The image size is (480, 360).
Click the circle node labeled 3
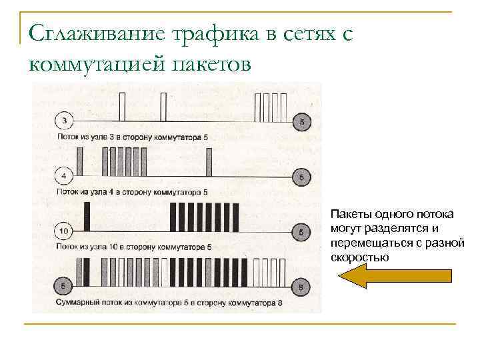click(x=63, y=121)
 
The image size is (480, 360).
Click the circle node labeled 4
click(x=63, y=177)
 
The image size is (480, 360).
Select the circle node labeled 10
click(x=63, y=232)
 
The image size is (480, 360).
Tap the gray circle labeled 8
click(x=301, y=287)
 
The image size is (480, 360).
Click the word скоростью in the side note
click(x=360, y=257)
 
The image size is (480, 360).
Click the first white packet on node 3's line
click(x=122, y=107)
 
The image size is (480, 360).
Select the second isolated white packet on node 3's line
click(x=163, y=107)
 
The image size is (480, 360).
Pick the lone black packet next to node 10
click(x=87, y=217)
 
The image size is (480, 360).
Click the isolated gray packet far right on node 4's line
click(x=209, y=162)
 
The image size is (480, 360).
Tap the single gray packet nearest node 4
click(x=81, y=162)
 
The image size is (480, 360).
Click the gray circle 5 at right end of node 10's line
click(x=301, y=232)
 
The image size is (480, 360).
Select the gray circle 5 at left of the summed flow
click(x=63, y=287)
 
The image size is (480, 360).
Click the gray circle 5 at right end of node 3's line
click(x=301, y=121)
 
